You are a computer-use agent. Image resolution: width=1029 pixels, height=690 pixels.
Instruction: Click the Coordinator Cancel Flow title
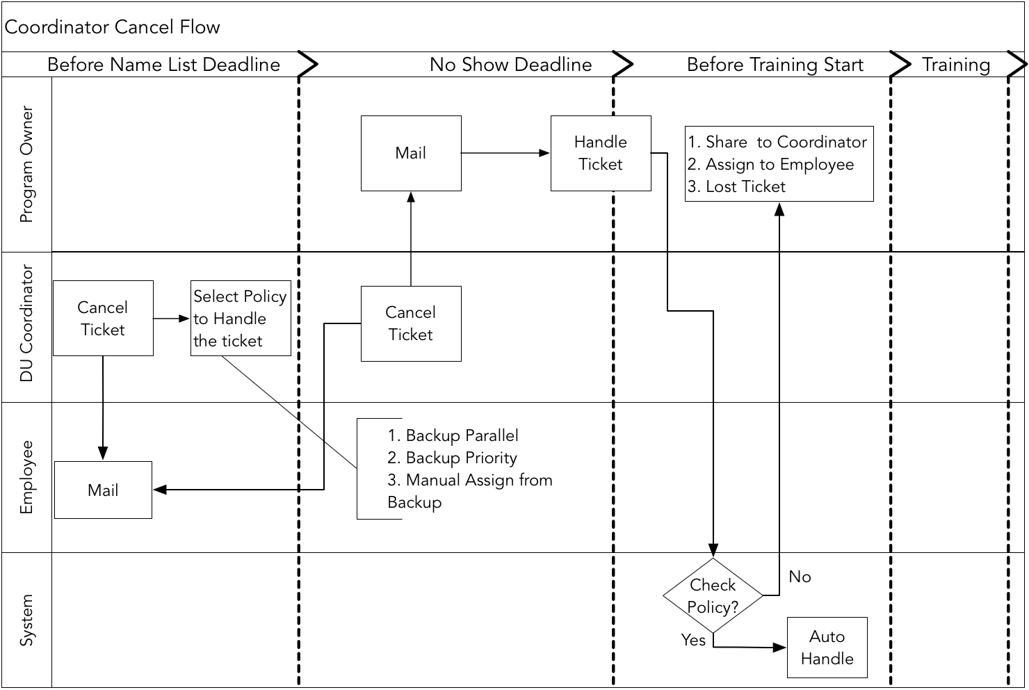tap(113, 27)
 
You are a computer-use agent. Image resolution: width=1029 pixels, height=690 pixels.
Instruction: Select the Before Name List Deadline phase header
tap(163, 65)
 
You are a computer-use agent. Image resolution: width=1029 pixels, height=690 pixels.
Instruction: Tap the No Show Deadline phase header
tap(510, 65)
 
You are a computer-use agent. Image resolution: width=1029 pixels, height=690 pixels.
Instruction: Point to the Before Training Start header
tap(775, 65)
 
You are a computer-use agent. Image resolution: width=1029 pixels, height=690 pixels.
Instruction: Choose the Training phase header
tap(956, 65)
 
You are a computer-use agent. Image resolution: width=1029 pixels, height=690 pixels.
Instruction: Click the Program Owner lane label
tap(27, 164)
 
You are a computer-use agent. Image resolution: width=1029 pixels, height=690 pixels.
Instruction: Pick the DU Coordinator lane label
tap(27, 323)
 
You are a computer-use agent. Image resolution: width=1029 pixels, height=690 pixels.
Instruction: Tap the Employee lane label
tap(27, 477)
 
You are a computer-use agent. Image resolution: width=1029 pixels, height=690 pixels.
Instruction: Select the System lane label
tap(27, 620)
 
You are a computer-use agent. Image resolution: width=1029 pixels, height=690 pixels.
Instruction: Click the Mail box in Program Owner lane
tap(411, 153)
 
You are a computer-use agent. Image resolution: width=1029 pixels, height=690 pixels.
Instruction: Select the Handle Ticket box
tap(601, 153)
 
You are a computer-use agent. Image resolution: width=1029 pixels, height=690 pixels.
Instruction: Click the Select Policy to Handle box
tap(241, 319)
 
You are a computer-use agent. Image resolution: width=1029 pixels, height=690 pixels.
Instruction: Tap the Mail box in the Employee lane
tap(103, 490)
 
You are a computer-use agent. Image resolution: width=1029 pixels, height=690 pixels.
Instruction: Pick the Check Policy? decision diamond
tap(713, 596)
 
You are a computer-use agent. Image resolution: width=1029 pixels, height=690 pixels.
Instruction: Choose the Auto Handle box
tap(827, 648)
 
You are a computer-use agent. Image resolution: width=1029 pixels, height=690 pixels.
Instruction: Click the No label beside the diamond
tap(800, 577)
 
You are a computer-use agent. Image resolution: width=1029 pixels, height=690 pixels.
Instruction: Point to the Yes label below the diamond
tap(693, 640)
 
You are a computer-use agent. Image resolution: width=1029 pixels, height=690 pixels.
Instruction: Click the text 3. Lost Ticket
tap(737, 186)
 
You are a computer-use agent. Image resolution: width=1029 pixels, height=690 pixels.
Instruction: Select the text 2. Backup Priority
tap(453, 458)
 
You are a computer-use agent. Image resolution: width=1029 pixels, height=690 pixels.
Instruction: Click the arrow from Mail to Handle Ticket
tap(505, 153)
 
